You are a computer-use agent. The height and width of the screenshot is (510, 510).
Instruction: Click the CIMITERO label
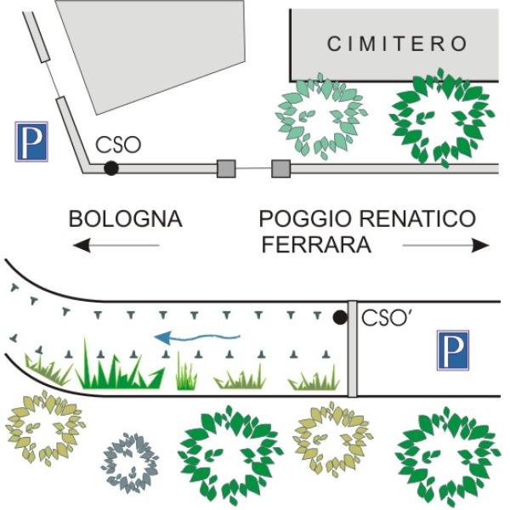(x=398, y=43)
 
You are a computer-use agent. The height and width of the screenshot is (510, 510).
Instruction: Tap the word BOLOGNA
(x=126, y=218)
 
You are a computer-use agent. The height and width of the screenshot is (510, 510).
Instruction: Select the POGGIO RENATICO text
(x=367, y=218)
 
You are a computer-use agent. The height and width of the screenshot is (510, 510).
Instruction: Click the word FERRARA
(x=315, y=246)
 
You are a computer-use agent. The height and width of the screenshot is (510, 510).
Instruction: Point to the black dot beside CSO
(x=110, y=168)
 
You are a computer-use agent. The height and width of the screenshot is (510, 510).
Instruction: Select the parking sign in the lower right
(x=453, y=350)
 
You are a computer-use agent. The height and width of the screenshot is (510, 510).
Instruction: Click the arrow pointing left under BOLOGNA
(x=116, y=246)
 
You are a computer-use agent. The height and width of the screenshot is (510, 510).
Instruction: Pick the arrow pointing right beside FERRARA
(x=446, y=246)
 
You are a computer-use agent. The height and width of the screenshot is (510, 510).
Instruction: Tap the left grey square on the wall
(x=226, y=168)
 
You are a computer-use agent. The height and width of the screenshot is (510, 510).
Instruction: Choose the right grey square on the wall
(x=280, y=168)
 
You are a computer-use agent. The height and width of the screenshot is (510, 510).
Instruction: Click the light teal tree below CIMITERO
(x=320, y=116)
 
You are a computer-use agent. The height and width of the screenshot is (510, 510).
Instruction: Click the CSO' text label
(x=388, y=319)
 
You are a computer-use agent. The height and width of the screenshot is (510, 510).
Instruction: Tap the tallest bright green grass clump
(x=119, y=367)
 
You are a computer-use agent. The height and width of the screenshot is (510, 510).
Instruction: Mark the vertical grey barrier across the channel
(x=352, y=349)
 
